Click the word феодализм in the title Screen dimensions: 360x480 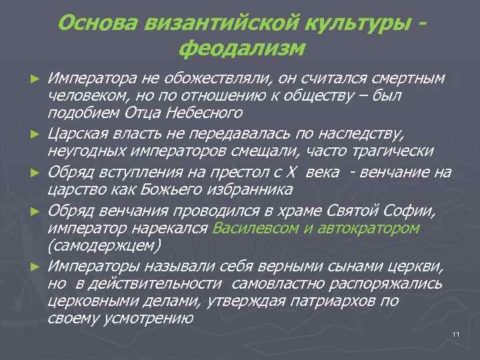242,48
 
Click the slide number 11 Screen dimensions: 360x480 456,334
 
